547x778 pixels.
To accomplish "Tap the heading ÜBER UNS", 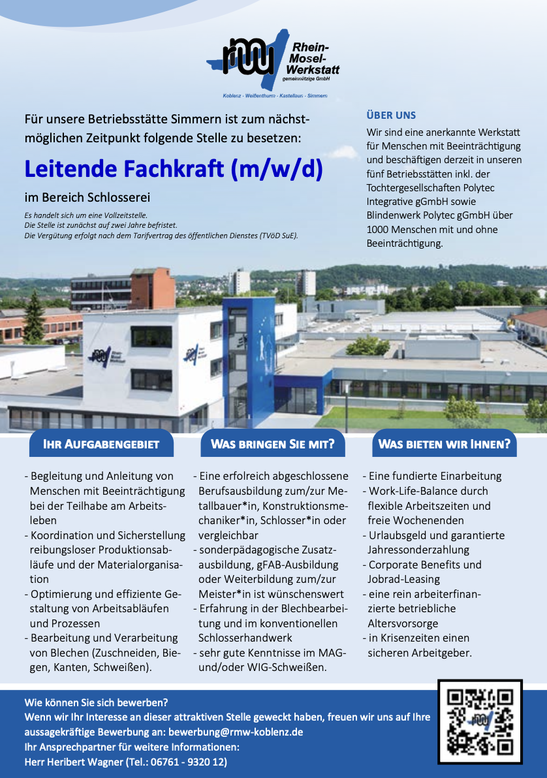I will point(391,116).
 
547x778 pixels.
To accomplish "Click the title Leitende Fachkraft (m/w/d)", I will point(174,169).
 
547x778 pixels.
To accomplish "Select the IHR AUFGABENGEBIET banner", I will point(101,444).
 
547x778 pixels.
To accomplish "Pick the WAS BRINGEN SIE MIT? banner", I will point(272,444).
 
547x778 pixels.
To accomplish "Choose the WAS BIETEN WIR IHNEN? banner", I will point(444,444).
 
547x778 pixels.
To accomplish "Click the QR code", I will point(480,721).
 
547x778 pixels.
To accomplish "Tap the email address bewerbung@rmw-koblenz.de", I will point(236,732).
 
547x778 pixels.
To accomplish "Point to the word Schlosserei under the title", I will point(116,197).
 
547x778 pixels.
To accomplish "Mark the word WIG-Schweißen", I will point(291,667).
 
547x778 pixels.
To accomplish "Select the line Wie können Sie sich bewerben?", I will point(96,703).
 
